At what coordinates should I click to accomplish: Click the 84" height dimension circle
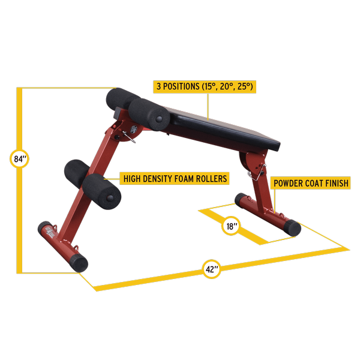(19, 158)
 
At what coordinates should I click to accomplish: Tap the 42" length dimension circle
(211, 269)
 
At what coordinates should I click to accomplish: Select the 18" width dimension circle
(231, 226)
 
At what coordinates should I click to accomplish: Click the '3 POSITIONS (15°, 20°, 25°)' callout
(205, 86)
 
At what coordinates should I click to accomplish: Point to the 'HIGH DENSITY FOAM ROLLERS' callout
(175, 178)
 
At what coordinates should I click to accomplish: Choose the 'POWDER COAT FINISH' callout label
(311, 183)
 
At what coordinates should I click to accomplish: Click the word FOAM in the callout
(185, 179)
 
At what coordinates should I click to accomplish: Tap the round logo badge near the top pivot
(134, 129)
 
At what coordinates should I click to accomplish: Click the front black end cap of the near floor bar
(79, 263)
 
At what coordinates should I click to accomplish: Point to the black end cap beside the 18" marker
(292, 228)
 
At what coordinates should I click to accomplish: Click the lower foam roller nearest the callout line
(102, 191)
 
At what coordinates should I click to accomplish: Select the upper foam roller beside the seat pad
(149, 115)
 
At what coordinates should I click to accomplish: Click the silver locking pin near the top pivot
(128, 137)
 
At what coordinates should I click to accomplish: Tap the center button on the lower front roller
(110, 197)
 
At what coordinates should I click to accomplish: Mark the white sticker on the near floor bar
(50, 232)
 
